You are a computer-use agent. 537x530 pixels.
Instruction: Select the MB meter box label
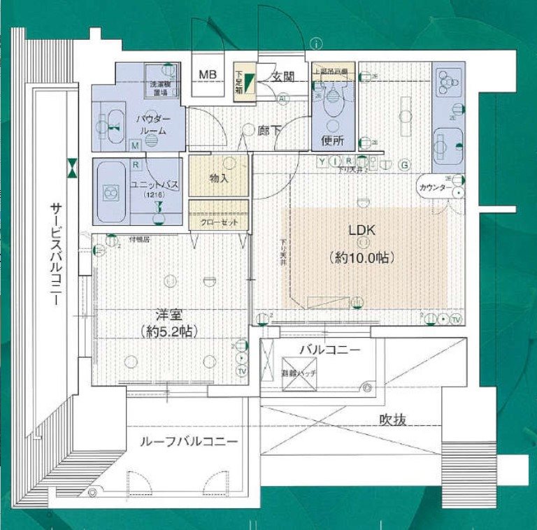click(x=207, y=75)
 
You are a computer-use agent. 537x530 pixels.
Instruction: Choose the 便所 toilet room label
click(x=332, y=140)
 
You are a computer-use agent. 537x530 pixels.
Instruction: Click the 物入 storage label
click(x=218, y=179)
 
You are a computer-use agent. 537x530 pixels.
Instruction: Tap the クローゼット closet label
click(x=218, y=222)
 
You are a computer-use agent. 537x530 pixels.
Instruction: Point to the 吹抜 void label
click(x=393, y=420)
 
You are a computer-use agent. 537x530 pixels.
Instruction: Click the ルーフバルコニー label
click(x=187, y=442)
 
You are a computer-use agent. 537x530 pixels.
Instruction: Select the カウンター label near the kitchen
click(x=434, y=188)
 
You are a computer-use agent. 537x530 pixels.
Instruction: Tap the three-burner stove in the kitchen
click(x=444, y=84)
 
